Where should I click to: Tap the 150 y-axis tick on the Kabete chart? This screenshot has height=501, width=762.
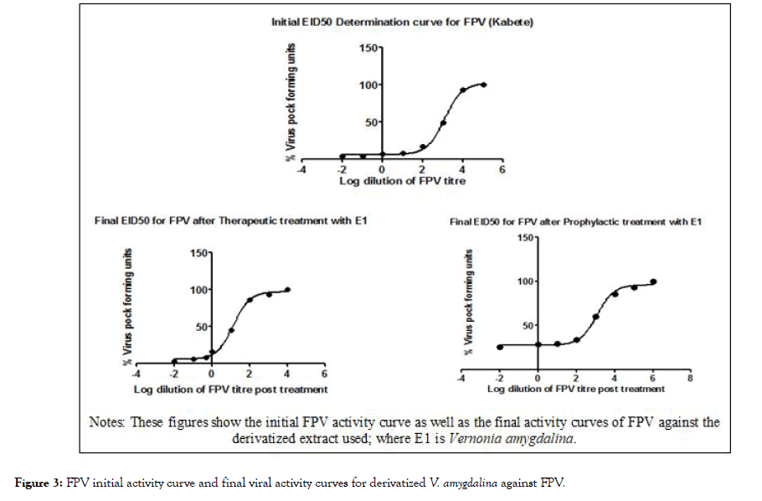369,48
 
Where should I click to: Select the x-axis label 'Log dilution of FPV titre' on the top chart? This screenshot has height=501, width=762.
402,180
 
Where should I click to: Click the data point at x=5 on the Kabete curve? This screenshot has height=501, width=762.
483,85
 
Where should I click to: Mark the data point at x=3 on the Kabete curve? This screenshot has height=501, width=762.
443,122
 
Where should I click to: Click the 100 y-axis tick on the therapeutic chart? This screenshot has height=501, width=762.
199,290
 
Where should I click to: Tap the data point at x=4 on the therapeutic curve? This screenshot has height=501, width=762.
287,290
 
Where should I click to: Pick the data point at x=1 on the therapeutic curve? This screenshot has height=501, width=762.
230,330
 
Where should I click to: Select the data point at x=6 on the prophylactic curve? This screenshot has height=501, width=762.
653,281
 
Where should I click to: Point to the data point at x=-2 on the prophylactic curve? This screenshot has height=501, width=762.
500,347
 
